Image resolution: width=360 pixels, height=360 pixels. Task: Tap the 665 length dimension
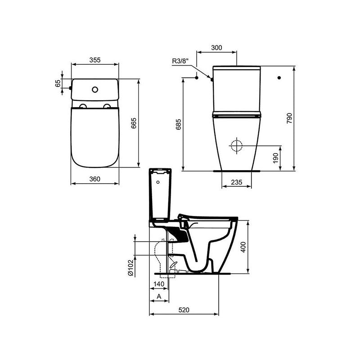coord(133,124)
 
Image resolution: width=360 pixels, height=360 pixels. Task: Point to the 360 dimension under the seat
coord(94,179)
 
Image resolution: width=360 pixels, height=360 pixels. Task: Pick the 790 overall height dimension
coord(289,118)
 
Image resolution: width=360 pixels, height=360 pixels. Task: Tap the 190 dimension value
coord(275,158)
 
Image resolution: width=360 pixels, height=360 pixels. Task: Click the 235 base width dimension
coord(237,182)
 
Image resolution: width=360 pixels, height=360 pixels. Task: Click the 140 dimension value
coord(158,284)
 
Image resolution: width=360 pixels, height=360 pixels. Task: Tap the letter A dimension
coord(159,297)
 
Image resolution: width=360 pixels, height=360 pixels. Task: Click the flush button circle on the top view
coord(94,89)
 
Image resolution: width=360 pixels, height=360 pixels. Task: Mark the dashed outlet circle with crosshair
coord(236,146)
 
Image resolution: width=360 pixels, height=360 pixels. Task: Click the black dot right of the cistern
coord(279,78)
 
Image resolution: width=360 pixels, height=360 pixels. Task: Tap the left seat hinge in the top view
coord(83,106)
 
